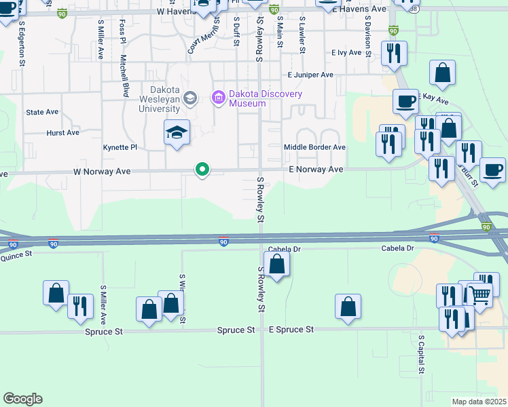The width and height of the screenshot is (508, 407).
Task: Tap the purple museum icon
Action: (x=219, y=98)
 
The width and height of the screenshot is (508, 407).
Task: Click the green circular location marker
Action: (x=202, y=169)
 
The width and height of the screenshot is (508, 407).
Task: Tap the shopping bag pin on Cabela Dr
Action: (x=277, y=264)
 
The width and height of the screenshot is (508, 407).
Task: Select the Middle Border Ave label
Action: (x=314, y=147)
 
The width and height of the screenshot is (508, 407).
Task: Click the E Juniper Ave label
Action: (x=310, y=75)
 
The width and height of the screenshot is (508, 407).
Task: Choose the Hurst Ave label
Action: (x=63, y=133)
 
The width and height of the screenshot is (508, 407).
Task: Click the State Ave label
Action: (x=42, y=112)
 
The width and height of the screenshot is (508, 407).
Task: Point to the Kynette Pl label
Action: (x=120, y=147)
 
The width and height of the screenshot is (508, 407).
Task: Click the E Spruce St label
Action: (x=291, y=329)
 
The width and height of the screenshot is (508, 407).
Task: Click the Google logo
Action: (x=22, y=399)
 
